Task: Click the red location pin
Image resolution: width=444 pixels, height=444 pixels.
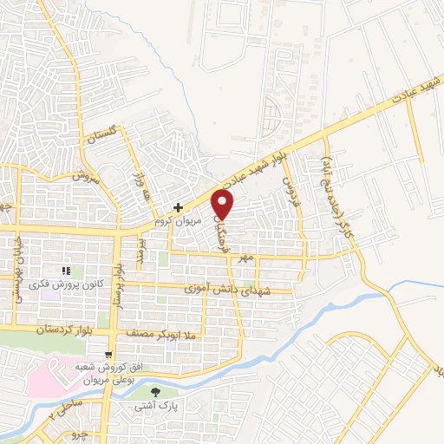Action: [x=224, y=205]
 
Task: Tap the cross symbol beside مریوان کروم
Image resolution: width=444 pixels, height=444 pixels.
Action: [x=178, y=207]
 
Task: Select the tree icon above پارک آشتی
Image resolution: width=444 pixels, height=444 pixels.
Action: [x=155, y=392]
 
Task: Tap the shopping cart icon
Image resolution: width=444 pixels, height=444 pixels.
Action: [x=107, y=354]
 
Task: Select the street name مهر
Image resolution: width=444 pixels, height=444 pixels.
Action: [x=248, y=258]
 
